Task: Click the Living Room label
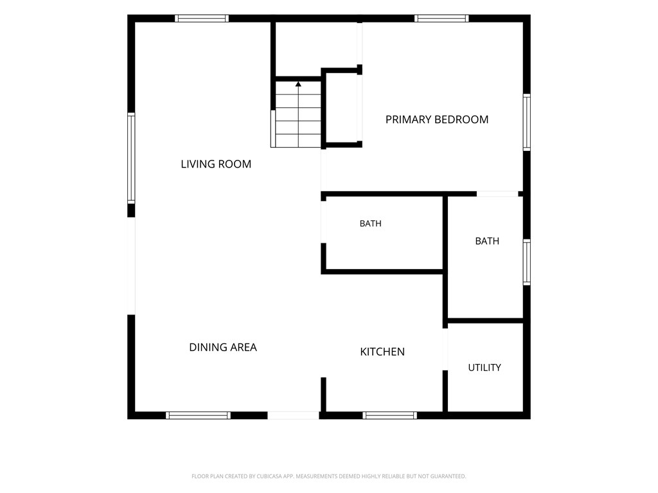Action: (x=216, y=164)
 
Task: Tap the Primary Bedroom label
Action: (x=437, y=119)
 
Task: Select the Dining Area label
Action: (x=223, y=347)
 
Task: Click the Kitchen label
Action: (x=382, y=352)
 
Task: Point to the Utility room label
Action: (x=485, y=368)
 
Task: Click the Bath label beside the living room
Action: (x=371, y=223)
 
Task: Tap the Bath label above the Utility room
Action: (x=487, y=241)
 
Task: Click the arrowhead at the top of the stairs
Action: (x=298, y=84)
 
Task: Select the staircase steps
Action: (x=298, y=114)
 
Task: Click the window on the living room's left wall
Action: (x=131, y=158)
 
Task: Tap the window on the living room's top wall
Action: (x=202, y=19)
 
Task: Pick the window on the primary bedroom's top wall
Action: (x=441, y=19)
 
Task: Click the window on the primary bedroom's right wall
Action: (x=527, y=123)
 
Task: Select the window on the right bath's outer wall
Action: (x=527, y=263)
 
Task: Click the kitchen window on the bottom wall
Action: (x=390, y=415)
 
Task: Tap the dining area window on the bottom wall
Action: (x=198, y=415)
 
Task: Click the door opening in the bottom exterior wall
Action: (x=293, y=415)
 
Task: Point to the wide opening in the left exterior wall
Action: (x=131, y=266)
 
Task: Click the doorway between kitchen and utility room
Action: (x=445, y=349)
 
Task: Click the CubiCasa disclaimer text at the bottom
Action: (x=328, y=476)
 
